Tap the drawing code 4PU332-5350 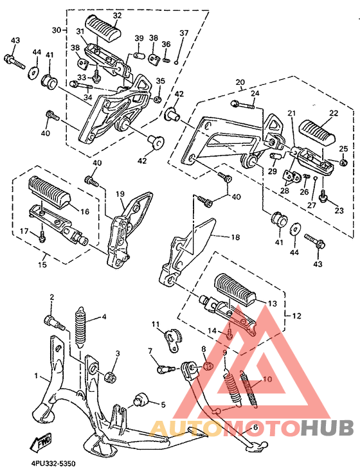[x=48, y=464]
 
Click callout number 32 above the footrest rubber [x=117, y=15]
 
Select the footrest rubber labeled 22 [x=317, y=132]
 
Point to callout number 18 [x=235, y=237]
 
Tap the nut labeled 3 [x=110, y=376]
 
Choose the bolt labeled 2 [x=54, y=322]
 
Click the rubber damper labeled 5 [x=143, y=400]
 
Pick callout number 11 [x=156, y=324]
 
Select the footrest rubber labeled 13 [x=235, y=288]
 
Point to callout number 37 [x=184, y=33]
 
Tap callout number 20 [x=240, y=82]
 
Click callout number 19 [x=120, y=194]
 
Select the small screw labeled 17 [x=42, y=236]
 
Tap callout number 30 [x=57, y=30]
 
